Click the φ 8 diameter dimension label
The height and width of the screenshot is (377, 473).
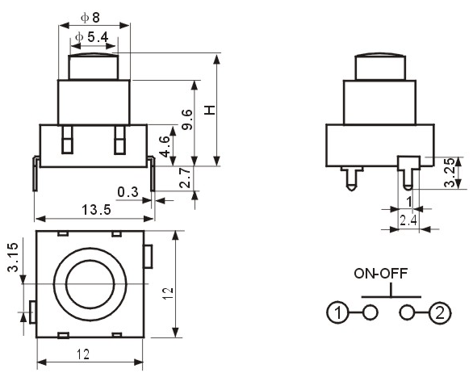click(x=90, y=18)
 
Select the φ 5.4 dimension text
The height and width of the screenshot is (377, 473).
click(x=92, y=37)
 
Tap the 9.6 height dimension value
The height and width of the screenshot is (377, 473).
click(x=187, y=119)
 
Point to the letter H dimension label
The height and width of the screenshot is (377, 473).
click(x=210, y=110)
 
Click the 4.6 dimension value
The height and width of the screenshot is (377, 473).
click(x=165, y=147)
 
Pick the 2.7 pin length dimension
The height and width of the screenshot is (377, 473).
click(x=185, y=178)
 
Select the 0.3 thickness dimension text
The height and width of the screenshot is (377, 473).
click(x=128, y=192)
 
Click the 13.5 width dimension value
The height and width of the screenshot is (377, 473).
click(x=97, y=209)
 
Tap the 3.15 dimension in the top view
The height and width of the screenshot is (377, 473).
click(x=13, y=258)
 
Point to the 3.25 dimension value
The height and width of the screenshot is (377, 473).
click(x=450, y=173)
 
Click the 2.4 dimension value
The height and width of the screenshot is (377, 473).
click(x=408, y=220)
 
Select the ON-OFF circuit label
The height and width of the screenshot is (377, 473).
click(x=381, y=273)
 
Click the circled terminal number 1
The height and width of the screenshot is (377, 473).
click(x=338, y=312)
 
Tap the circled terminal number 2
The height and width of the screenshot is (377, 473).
click(x=440, y=312)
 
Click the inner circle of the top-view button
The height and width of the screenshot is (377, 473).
click(x=90, y=284)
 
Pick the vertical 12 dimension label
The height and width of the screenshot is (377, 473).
click(x=168, y=294)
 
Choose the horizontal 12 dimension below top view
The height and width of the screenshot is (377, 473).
click(x=83, y=354)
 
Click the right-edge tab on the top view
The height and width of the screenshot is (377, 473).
click(x=148, y=257)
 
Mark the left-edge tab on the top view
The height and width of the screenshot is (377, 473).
click(x=32, y=312)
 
